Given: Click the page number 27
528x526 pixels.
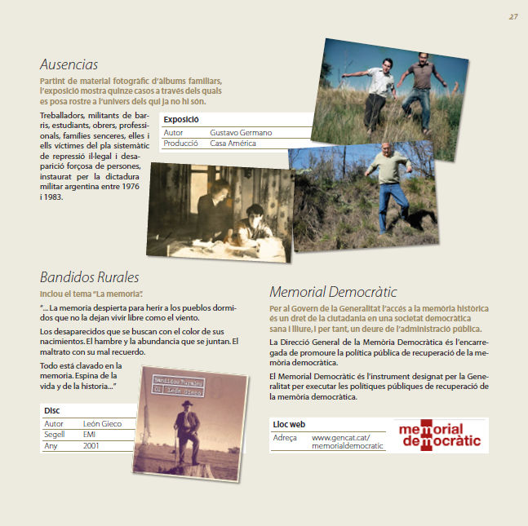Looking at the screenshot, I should point(513,16).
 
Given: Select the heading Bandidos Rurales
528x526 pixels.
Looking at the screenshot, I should point(90,276).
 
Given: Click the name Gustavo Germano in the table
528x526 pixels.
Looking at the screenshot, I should point(241,132).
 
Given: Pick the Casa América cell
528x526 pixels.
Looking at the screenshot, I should point(233,144).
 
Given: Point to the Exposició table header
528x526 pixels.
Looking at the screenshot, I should point(180,119).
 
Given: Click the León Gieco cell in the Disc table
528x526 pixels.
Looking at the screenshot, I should point(103,424).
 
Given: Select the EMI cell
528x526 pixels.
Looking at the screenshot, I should point(91,435).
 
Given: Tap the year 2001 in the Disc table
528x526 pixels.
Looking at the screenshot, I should point(92,446).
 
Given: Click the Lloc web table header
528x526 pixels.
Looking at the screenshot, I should point(289,425).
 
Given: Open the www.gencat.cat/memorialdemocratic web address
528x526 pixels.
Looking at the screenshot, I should point(347,442).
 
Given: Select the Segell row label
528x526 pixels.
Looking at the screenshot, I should point(55,435).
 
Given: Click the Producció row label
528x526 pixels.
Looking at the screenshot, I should point(181,144).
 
